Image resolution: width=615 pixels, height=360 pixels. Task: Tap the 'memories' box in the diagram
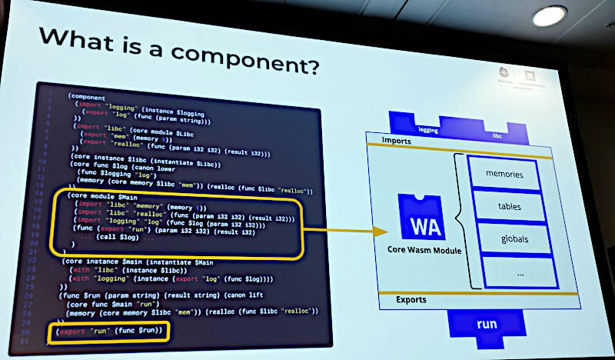point(504,175)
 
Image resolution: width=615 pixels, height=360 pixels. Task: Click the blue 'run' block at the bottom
point(487,324)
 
